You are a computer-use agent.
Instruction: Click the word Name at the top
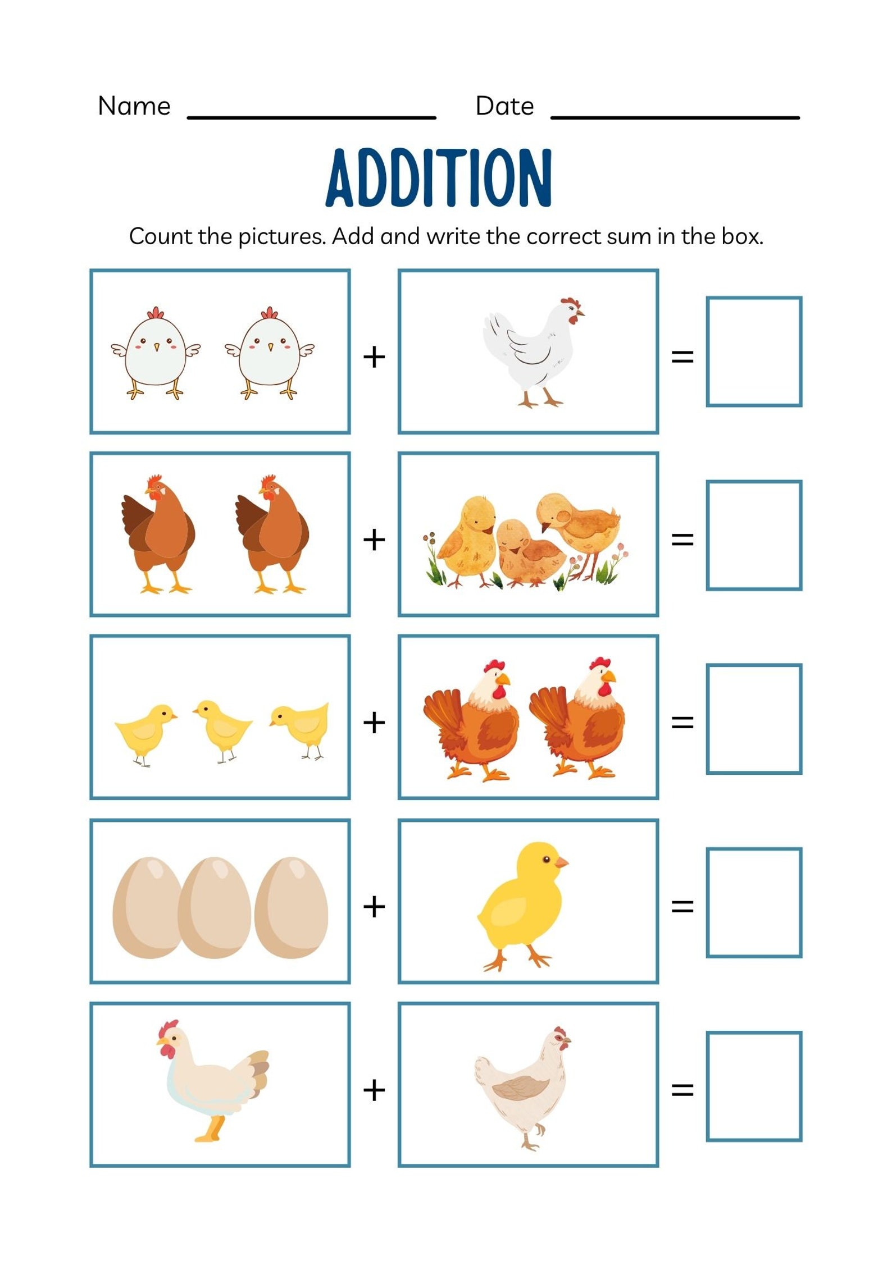134,106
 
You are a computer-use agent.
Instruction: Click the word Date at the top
504,106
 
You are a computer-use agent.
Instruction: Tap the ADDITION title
439,178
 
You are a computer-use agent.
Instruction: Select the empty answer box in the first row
753,351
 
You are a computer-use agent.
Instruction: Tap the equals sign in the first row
682,357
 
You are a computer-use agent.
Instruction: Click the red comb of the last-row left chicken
167,1029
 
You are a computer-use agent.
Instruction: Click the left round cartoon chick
156,353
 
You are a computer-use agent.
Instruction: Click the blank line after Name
311,116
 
